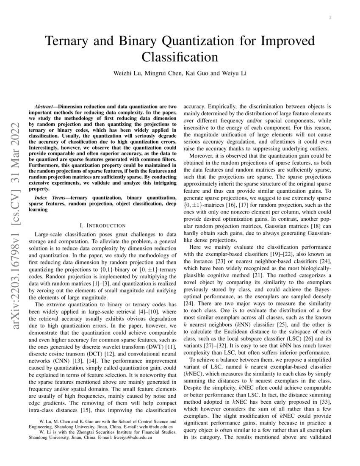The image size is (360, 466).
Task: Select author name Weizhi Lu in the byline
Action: (128, 73)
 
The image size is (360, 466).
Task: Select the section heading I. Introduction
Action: (100, 225)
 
